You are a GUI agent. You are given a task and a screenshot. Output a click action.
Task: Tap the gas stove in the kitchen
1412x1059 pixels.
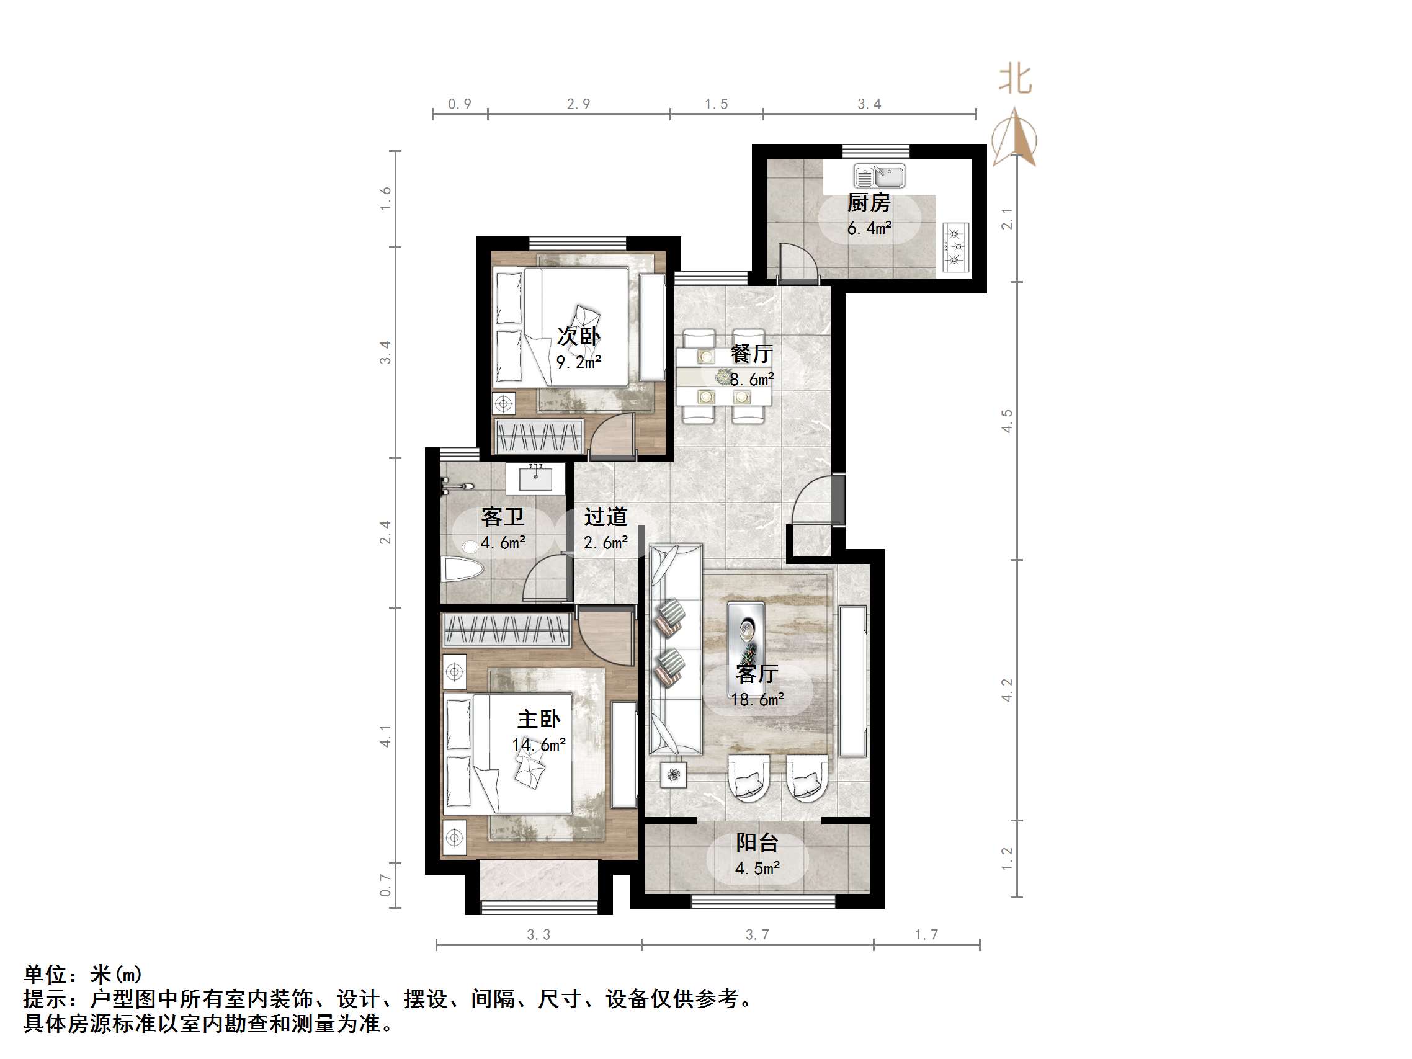(955, 246)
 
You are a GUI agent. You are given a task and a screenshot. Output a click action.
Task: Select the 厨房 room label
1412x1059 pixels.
(868, 203)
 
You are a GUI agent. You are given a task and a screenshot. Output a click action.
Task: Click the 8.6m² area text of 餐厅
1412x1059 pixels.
(751, 380)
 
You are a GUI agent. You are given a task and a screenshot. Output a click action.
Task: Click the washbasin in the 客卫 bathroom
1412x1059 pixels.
(535, 478)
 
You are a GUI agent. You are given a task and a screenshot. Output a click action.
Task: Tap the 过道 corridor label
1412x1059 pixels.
(605, 517)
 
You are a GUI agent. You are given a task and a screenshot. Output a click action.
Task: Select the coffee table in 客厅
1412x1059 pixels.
(746, 632)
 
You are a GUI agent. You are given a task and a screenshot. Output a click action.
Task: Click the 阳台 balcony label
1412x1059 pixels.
(756, 842)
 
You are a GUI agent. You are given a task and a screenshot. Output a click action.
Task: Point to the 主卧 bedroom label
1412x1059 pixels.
(538, 720)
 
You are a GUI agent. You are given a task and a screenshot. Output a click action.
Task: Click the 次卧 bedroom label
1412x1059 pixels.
(578, 336)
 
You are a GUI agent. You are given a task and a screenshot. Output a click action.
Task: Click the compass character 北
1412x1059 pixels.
(1015, 80)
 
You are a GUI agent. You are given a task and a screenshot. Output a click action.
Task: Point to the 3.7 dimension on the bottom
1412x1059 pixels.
(757, 934)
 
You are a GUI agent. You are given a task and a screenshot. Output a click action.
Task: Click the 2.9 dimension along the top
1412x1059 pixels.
(578, 104)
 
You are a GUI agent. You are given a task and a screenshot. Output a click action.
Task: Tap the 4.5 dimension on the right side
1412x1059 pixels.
(1007, 421)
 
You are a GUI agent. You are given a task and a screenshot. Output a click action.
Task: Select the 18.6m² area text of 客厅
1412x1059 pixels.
(757, 700)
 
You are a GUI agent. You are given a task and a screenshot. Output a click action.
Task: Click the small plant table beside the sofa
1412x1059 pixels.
(674, 775)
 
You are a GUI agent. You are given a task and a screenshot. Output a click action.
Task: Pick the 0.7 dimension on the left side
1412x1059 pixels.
(385, 885)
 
